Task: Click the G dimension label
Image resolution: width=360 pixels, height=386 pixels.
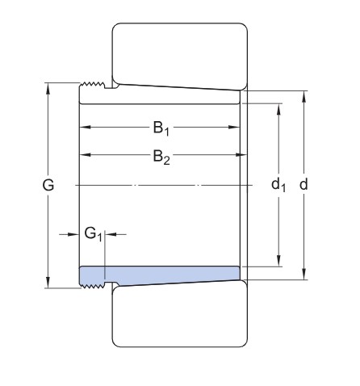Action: click(x=48, y=185)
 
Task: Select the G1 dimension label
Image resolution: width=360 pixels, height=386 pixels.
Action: click(x=94, y=234)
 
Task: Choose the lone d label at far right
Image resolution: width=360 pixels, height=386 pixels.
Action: click(x=303, y=185)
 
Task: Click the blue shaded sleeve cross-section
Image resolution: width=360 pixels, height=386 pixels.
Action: click(x=161, y=275)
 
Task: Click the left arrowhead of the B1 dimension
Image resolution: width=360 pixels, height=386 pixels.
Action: click(x=83, y=127)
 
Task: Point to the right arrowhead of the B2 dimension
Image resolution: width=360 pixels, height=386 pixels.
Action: click(x=239, y=153)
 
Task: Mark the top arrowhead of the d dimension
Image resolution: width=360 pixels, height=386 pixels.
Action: click(x=303, y=95)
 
